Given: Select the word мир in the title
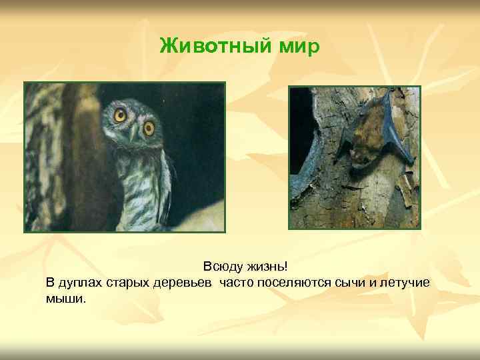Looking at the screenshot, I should pyautogui.click(x=298, y=47).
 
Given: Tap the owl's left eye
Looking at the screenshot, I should pyautogui.click(x=120, y=115).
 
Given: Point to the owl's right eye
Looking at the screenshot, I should pyautogui.click(x=149, y=127).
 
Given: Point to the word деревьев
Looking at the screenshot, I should pyautogui.click(x=186, y=283).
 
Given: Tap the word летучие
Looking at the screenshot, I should pyautogui.click(x=405, y=283).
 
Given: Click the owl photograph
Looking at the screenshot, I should pyautogui.click(x=125, y=157).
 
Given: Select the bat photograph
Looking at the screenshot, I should pyautogui.click(x=355, y=157).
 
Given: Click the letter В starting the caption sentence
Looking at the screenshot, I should pyautogui.click(x=51, y=283).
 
